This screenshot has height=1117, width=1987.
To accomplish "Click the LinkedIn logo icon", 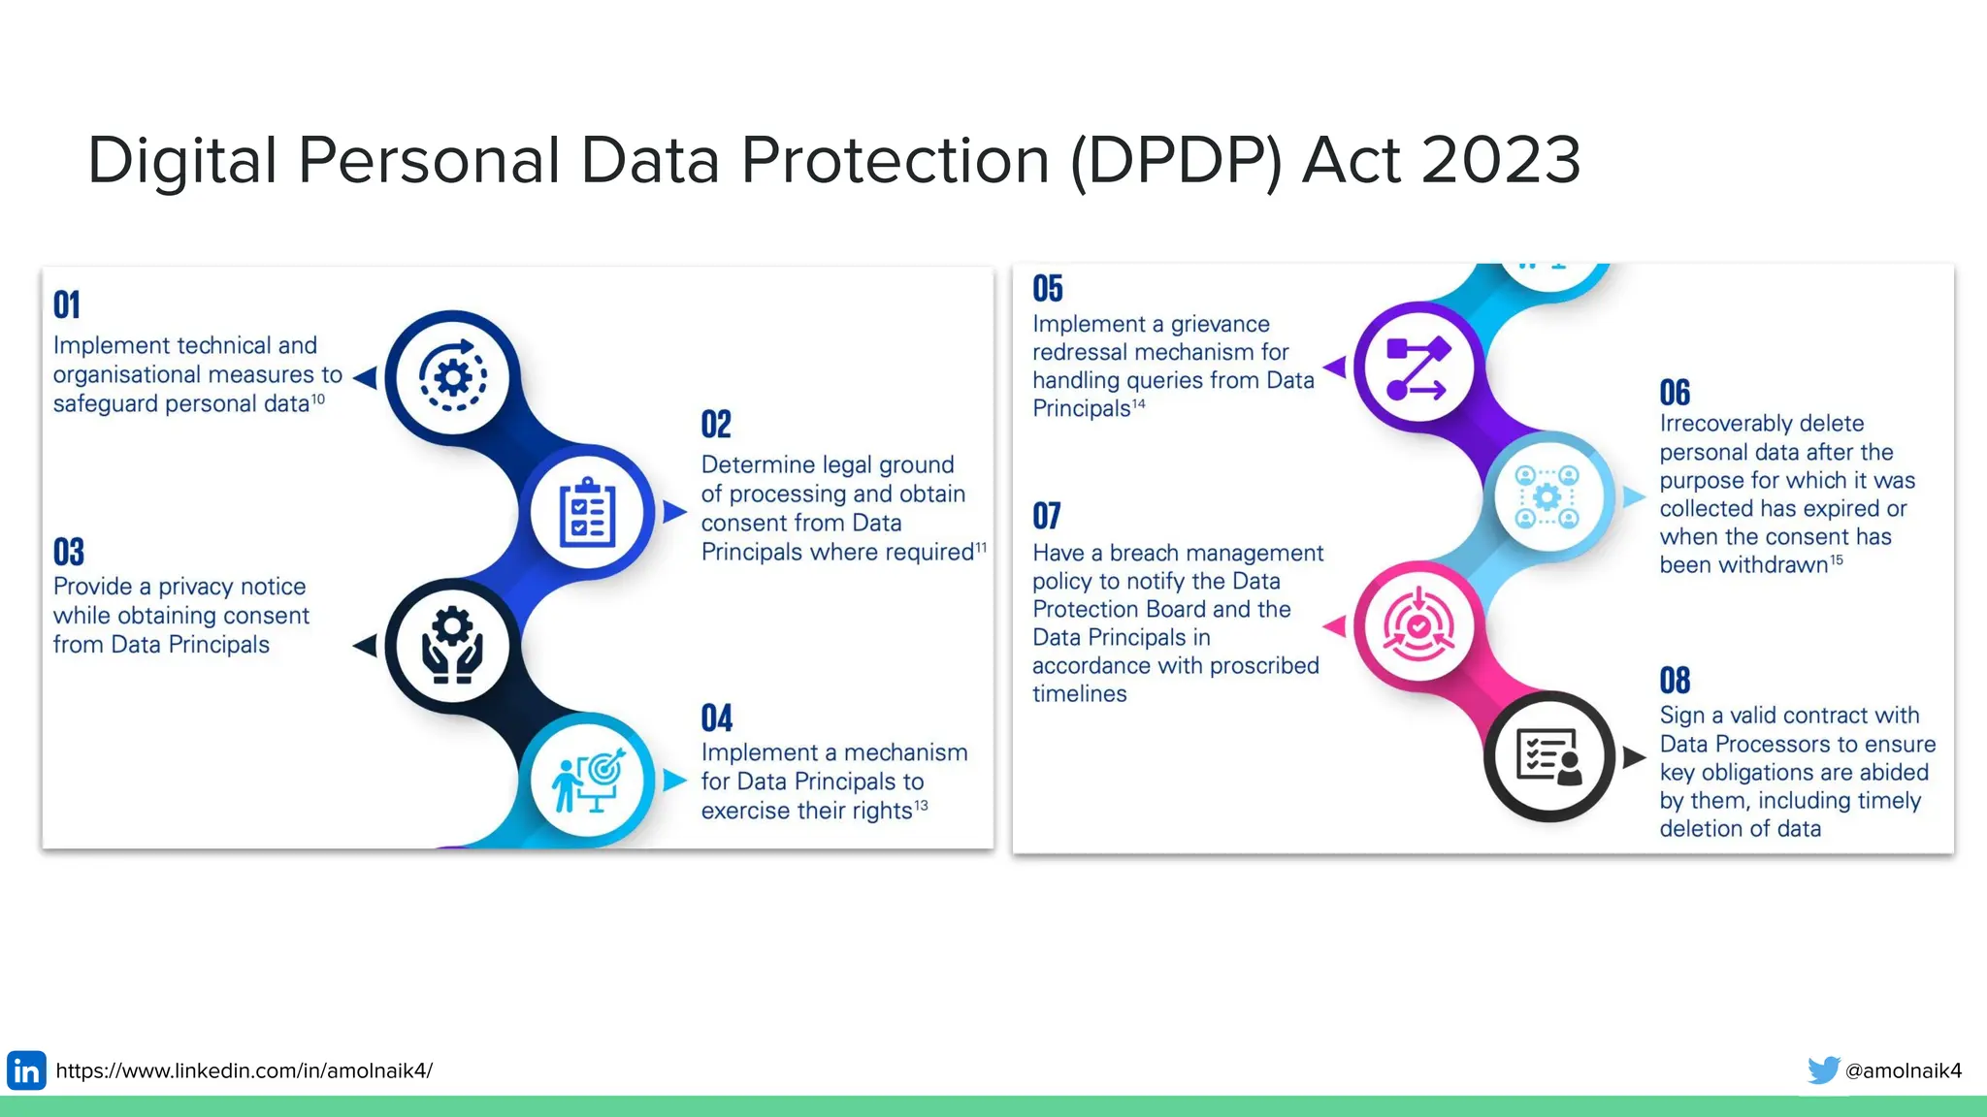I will tap(26, 1070).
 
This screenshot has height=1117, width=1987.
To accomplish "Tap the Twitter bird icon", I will tap(1823, 1070).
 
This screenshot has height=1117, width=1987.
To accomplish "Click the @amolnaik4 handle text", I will tap(1904, 1070).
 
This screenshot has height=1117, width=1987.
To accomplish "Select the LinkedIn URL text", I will tap(244, 1070).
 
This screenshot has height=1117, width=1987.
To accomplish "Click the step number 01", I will tap(67, 305).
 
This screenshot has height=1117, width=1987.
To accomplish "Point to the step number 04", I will tap(716, 718).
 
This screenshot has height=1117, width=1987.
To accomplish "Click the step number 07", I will tap(1047, 516).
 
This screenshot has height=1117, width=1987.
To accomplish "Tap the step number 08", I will tap(1675, 681).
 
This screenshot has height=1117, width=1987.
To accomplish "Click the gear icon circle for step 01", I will tap(453, 376).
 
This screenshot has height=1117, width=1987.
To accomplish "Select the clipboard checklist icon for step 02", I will tap(588, 512).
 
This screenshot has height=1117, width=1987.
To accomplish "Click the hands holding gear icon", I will tap(452, 646).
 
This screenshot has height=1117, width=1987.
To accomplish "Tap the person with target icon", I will tap(588, 781).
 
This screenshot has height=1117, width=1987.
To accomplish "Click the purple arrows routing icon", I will tap(1417, 367).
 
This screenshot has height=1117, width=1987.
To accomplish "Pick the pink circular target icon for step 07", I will tap(1418, 626).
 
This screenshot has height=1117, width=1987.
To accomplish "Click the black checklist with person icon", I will tap(1549, 756).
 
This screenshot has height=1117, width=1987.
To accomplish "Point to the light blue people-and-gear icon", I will tap(1547, 497).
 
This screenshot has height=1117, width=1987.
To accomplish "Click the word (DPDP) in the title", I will tap(1176, 160).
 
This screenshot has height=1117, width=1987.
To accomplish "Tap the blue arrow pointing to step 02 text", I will tap(674, 512).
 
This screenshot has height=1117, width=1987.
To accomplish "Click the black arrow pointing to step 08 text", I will tap(1635, 756).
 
